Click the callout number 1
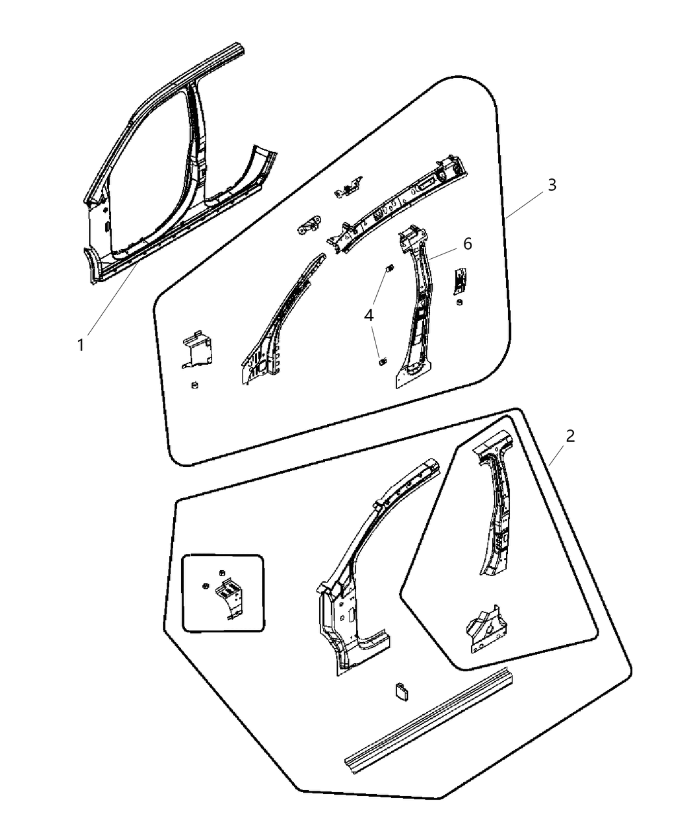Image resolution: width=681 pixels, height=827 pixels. (80, 345)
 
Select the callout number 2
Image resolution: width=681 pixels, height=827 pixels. (569, 436)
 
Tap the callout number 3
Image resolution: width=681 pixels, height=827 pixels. (551, 185)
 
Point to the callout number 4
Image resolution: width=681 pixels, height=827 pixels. (368, 316)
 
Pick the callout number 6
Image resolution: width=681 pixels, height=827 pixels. (467, 244)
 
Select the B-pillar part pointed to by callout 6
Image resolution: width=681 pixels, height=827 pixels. (415, 311)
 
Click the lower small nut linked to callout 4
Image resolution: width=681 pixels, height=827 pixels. (382, 360)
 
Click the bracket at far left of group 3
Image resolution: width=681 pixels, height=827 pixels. (197, 350)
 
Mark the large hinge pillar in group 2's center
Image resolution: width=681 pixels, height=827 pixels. (353, 584)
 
